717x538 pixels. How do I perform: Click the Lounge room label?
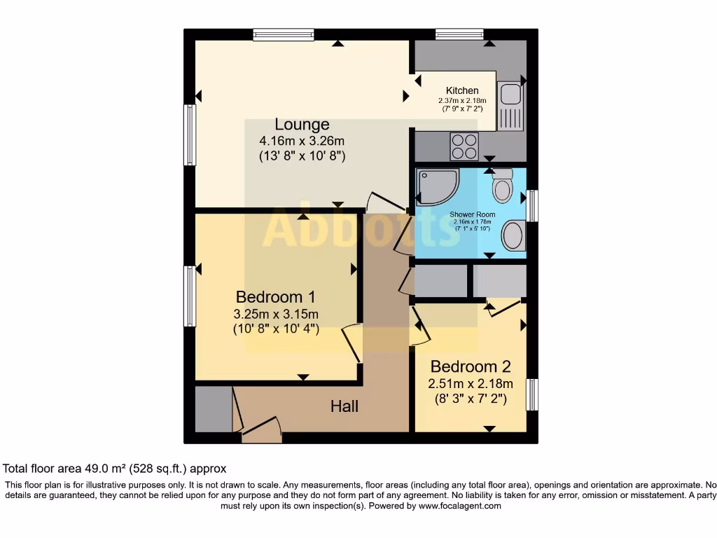(302, 124)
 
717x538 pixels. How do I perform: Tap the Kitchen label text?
(462, 90)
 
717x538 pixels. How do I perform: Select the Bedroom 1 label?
(276, 296)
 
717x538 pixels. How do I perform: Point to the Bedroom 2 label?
(470, 366)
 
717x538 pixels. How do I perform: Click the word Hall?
(344, 406)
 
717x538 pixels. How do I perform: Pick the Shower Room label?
(472, 214)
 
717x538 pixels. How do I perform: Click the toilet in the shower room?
(503, 186)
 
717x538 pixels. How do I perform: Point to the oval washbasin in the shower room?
(514, 235)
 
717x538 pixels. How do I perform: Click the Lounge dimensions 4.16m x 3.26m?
(301, 141)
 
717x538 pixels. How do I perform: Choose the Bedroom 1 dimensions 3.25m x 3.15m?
(276, 313)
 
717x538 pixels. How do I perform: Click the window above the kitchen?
(459, 34)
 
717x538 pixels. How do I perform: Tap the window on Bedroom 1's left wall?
(189, 296)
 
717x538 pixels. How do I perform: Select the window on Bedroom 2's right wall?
(532, 399)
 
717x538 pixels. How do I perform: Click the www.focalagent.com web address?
(460, 506)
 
